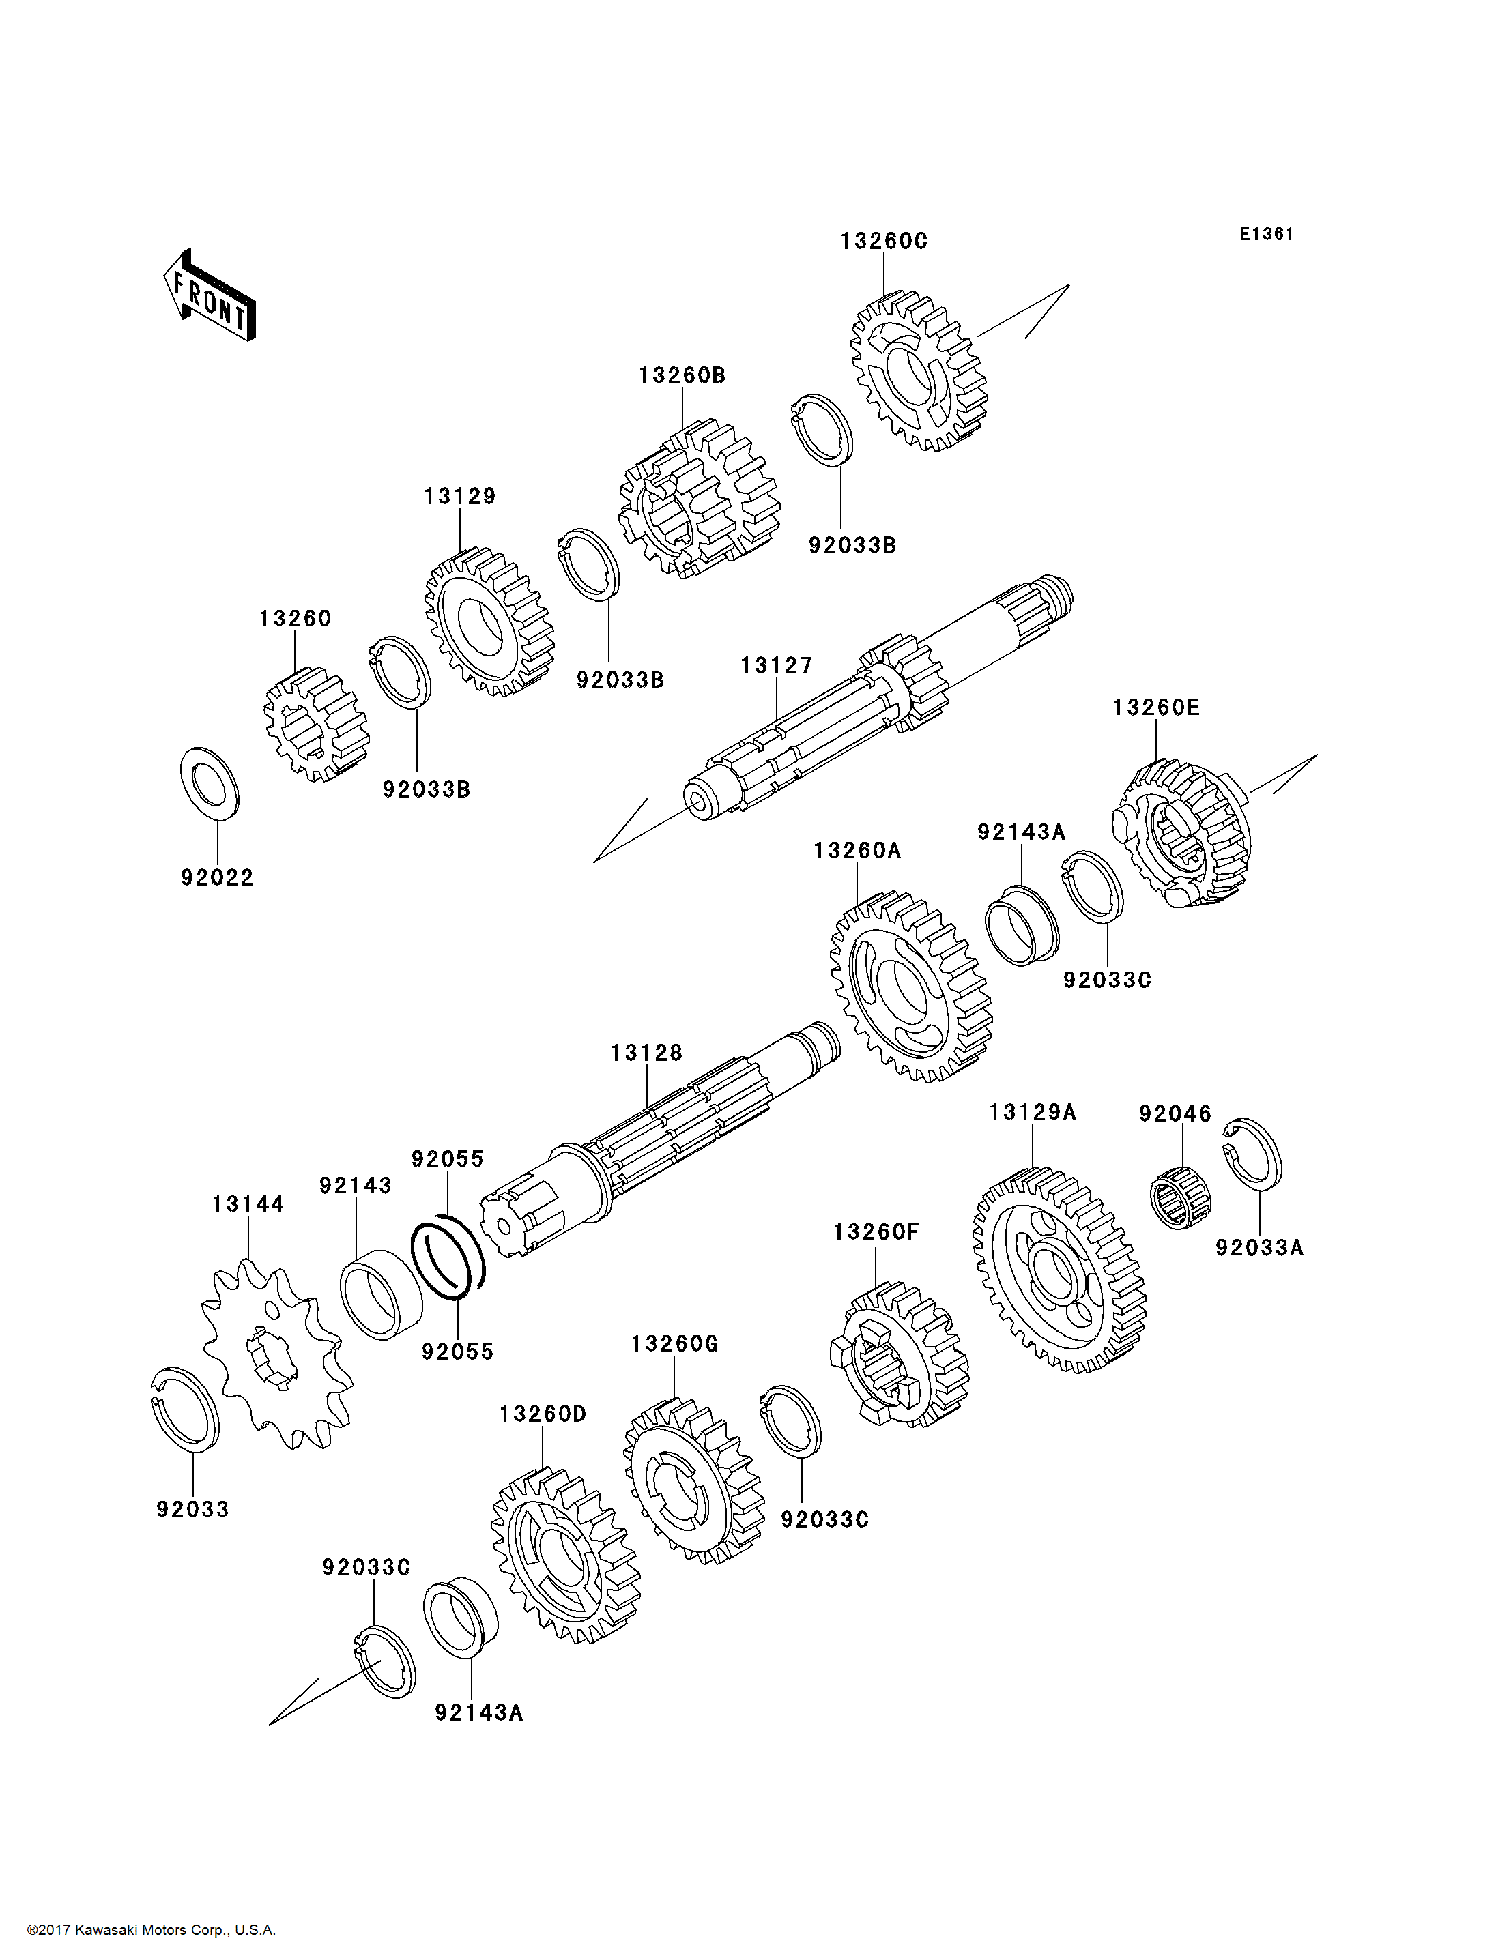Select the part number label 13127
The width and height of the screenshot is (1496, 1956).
[777, 666]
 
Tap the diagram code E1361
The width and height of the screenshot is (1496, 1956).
[1266, 234]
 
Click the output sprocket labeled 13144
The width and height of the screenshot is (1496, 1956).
[275, 1354]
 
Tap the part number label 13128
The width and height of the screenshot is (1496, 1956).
[646, 1053]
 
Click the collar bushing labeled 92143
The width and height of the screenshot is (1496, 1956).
[381, 1296]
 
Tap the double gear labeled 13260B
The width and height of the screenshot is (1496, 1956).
[699, 499]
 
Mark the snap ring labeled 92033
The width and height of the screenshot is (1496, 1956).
[185, 1410]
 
